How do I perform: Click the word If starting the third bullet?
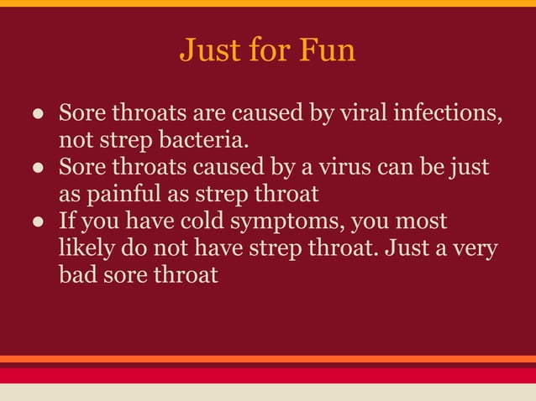pyautogui.click(x=66, y=222)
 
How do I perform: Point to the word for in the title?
pyautogui.click(x=270, y=50)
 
